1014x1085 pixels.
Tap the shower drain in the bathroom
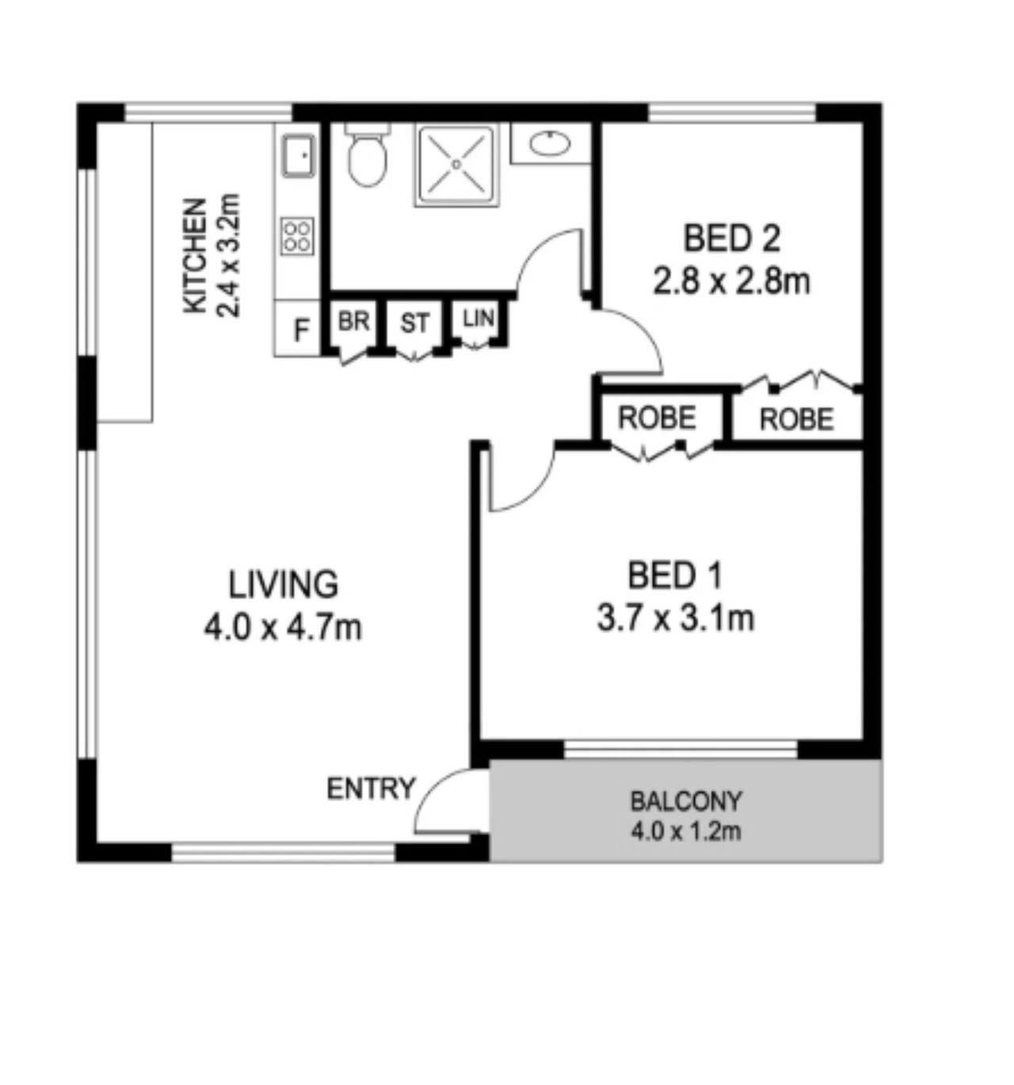tap(457, 164)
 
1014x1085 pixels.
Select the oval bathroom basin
tap(550, 143)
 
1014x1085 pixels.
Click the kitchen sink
tap(298, 156)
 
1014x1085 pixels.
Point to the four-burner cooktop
tap(298, 236)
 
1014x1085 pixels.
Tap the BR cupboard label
tap(353, 322)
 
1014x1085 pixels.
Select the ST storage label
tap(414, 323)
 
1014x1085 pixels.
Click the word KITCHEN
tap(196, 256)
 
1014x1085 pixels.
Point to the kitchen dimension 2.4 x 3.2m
tap(228, 256)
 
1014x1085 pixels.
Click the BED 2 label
tap(732, 239)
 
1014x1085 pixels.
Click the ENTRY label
tap(371, 789)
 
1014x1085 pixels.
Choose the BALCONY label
tap(686, 801)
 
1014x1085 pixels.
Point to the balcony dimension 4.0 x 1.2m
tap(686, 832)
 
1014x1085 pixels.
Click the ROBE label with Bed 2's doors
tap(796, 419)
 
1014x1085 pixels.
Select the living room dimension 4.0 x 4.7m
tap(283, 628)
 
